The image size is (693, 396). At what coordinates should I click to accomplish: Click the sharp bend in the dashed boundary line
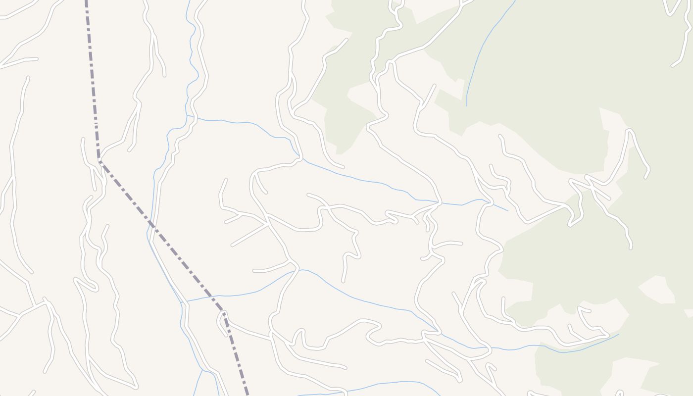point(99,160)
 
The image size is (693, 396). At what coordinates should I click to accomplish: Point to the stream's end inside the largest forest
point(467,105)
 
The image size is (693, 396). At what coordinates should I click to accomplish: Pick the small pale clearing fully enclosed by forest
point(657,289)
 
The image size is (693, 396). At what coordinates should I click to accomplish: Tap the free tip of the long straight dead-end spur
point(232,245)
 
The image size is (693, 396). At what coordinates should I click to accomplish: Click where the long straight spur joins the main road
point(268,224)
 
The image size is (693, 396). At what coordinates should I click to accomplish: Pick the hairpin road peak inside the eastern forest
point(629,131)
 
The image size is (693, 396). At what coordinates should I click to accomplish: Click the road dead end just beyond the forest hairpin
point(646,176)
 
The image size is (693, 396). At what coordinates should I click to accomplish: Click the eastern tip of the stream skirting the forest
point(618,334)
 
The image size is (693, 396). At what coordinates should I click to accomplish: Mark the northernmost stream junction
point(188,115)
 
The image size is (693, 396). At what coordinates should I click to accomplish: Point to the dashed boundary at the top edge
point(86,2)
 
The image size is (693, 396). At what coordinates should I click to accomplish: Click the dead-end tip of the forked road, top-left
point(37,59)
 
